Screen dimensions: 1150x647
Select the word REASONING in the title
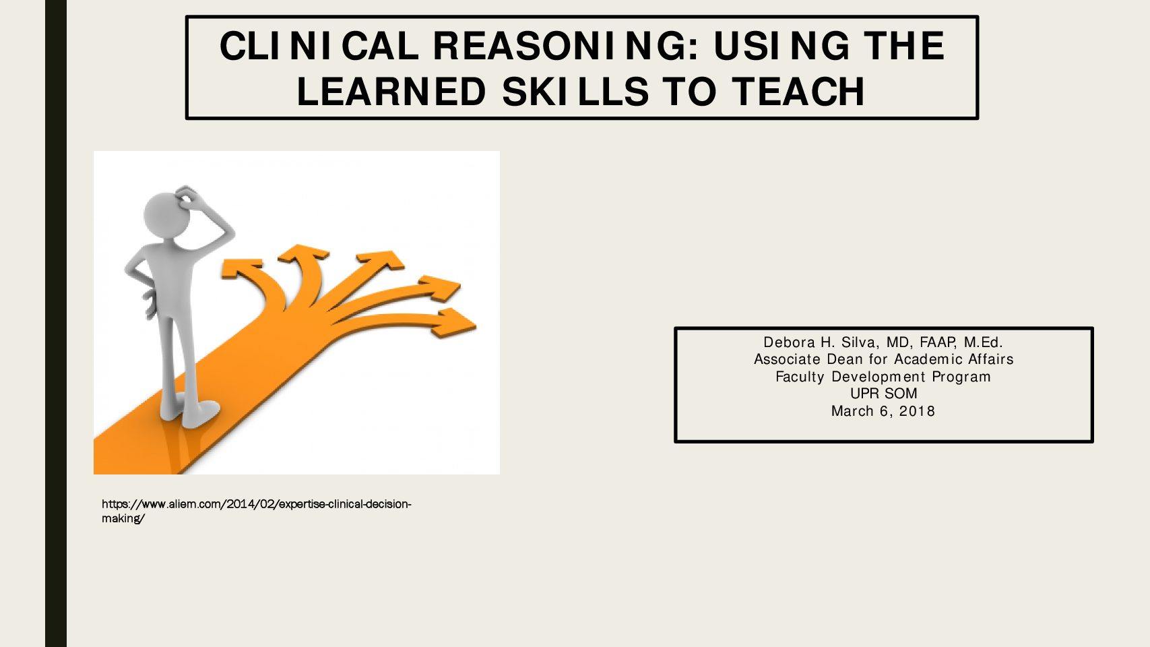pos(566,46)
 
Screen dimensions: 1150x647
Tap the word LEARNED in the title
pos(391,92)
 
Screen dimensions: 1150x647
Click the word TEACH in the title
pos(798,92)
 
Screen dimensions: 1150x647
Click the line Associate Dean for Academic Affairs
pos(883,359)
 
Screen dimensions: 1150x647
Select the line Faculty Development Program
pos(883,377)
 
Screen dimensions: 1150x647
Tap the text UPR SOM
pos(883,394)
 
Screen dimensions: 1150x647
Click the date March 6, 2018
pos(883,411)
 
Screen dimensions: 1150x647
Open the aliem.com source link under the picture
pos(256,511)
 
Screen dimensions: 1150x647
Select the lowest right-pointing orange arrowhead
pos(453,323)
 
